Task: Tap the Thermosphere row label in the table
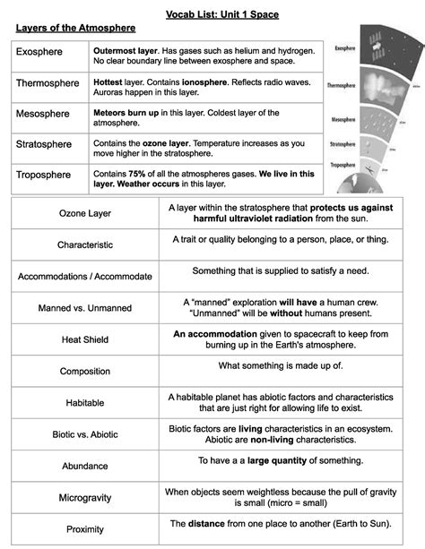pyautogui.click(x=48, y=83)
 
